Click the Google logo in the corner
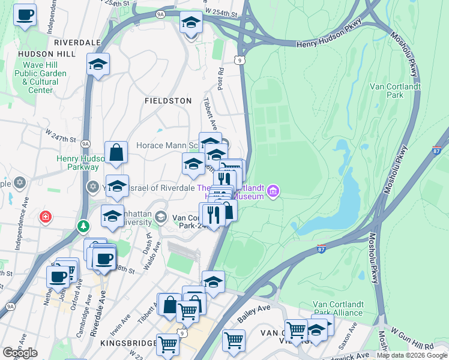20,353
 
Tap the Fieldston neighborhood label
168,101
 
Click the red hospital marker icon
46,217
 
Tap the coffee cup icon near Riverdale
25,15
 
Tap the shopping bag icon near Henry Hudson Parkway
116,154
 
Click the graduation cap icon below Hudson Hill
98,65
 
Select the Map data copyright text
411,355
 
